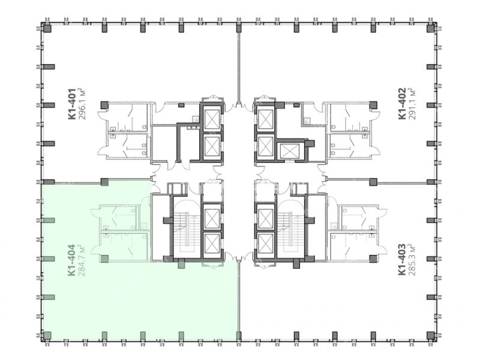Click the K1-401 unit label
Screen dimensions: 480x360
pyautogui.click(x=71, y=104)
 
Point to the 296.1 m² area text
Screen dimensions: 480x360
pyautogui.click(x=82, y=104)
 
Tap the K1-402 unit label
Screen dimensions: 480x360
pyautogui.click(x=401, y=103)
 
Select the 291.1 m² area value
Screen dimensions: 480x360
pyautogui.click(x=412, y=103)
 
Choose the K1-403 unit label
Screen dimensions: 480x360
pyautogui.click(x=401, y=260)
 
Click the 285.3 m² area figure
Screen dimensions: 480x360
pyautogui.click(x=412, y=260)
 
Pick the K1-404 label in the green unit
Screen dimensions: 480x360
pyautogui.click(x=71, y=260)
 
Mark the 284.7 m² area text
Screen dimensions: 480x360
pyautogui.click(x=82, y=260)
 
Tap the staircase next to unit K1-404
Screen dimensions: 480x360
pyautogui.click(x=185, y=231)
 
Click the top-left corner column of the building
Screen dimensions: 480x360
pyautogui.click(x=47, y=28)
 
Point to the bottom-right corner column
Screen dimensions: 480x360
pyautogui.click(x=431, y=335)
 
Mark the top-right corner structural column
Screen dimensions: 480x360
pyautogui.click(x=431, y=28)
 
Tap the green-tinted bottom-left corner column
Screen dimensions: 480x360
pyautogui.click(x=47, y=335)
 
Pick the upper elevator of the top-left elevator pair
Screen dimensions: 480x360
pyautogui.click(x=212, y=119)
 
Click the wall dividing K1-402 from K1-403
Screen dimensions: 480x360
pyautogui.click(x=402, y=183)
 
